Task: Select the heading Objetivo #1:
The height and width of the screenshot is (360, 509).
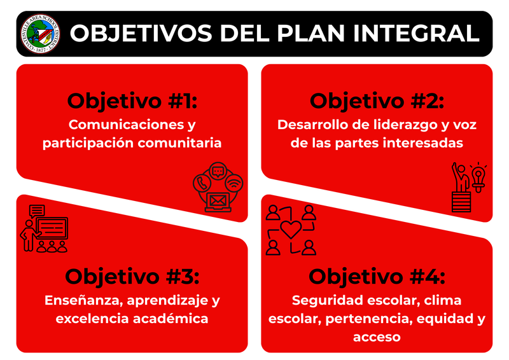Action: (132, 101)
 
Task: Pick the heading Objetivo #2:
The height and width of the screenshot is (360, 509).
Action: (377, 101)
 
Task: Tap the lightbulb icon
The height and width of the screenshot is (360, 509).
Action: (478, 175)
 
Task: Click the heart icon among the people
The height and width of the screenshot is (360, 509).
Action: (291, 230)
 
